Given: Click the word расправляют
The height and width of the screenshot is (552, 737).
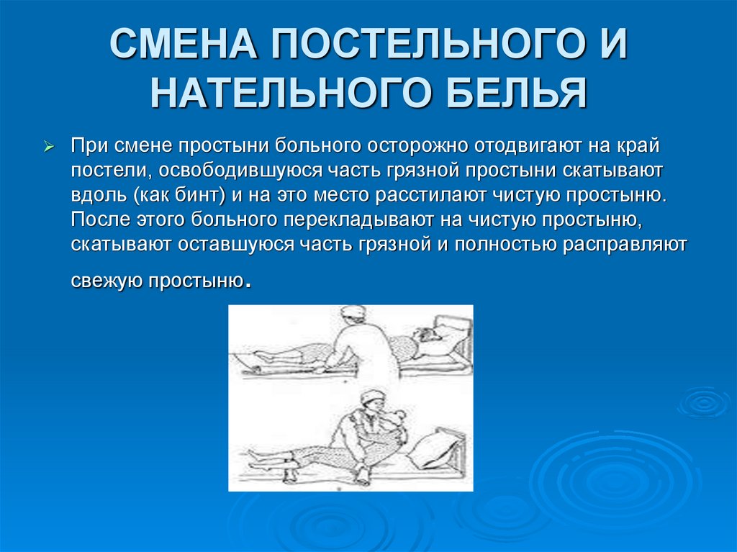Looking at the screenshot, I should click(624, 244).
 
